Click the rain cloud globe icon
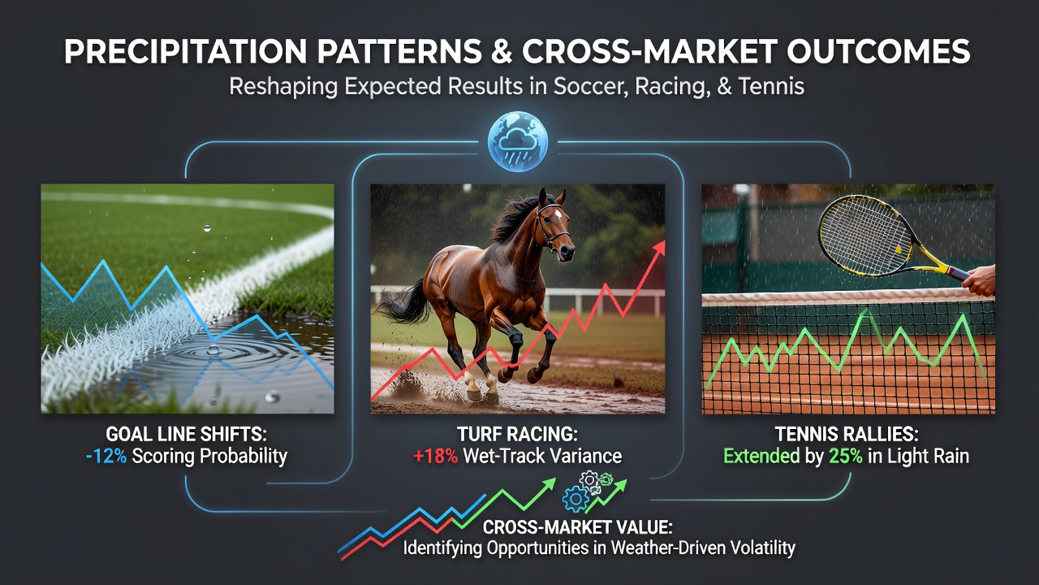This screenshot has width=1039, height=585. (518, 141)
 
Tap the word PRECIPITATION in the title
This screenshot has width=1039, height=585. (185, 50)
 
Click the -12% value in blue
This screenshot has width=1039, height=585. (106, 457)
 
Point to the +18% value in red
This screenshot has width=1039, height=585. (435, 457)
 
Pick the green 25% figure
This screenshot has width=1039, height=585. (845, 457)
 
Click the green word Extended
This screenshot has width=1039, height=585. (761, 457)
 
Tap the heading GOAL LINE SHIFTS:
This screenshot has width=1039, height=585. (187, 434)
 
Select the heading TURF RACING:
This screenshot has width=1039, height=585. (517, 434)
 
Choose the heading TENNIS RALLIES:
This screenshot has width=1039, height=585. (847, 434)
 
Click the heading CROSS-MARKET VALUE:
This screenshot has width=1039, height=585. (577, 527)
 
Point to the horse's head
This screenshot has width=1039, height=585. (554, 223)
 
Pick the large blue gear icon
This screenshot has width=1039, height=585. (576, 500)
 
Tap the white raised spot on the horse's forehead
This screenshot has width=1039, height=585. (558, 213)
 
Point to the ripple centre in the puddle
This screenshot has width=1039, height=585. (213, 349)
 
